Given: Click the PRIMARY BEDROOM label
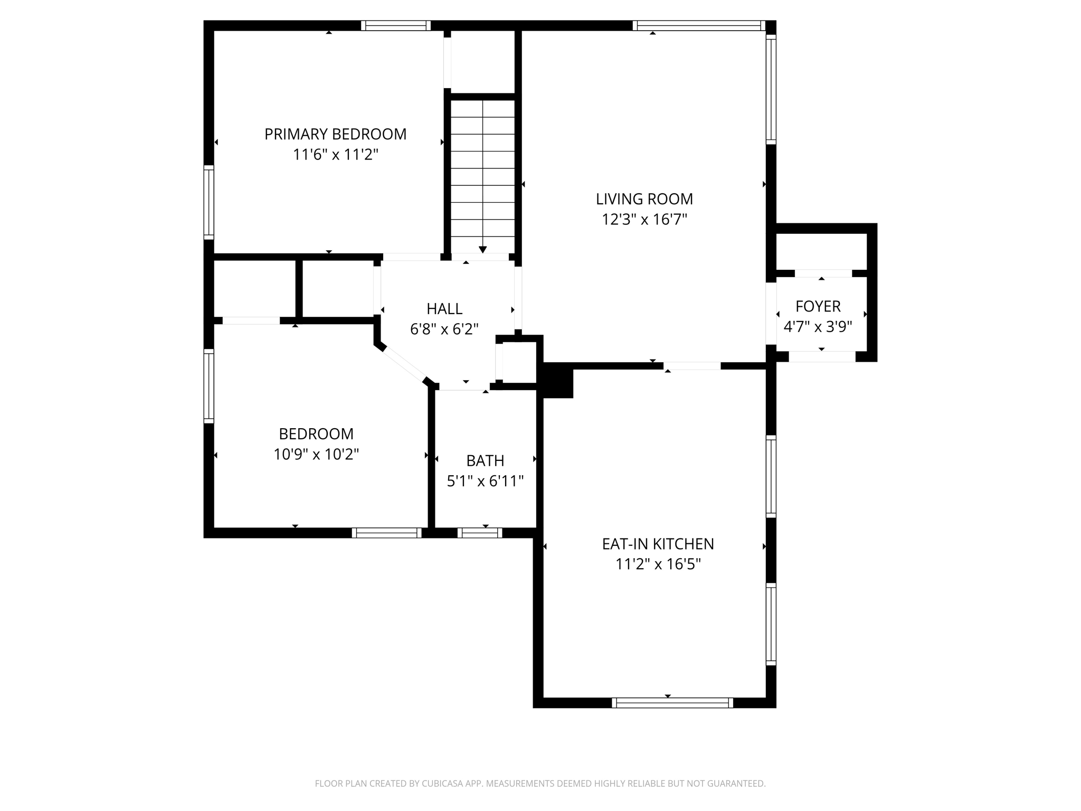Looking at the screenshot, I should pos(335,134).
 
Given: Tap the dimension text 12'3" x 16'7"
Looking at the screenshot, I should pos(644,219).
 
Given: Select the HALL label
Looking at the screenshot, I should pos(444,308).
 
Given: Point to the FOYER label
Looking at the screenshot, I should pos(818,306).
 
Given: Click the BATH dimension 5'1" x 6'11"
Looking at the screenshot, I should pos(485,481).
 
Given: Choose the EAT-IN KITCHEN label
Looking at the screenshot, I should pos(658,544).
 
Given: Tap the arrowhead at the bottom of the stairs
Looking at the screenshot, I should pos(482,250).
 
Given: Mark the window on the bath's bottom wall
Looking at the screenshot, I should pos(480,533).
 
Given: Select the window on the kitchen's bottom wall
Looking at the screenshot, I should pos(672,703).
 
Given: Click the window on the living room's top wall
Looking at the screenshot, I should pos(699,25).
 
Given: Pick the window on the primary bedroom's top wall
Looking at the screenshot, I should pos(396,25).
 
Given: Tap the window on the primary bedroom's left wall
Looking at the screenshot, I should pos(209,202).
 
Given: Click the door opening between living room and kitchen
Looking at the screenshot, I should pos(692,366).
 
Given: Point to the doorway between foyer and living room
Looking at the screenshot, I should pos(771,314).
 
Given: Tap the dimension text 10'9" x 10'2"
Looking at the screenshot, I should pos(316,454).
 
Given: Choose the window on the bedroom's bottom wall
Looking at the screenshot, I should pos(386,533).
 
